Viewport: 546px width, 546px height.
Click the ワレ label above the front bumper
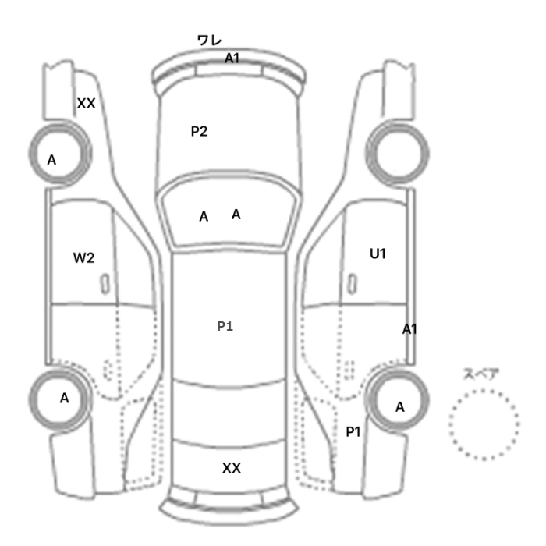[x=209, y=41]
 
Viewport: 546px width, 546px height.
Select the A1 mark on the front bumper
[x=232, y=58]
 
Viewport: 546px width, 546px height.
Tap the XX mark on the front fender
[x=86, y=104]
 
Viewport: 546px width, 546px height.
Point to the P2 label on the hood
[x=199, y=131]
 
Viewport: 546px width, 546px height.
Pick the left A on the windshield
[x=204, y=217]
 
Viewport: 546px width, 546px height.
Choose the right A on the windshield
[x=236, y=214]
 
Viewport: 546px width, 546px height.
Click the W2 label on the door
[x=84, y=258]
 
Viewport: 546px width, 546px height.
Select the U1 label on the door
[x=378, y=253]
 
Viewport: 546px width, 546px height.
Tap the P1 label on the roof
[x=225, y=326]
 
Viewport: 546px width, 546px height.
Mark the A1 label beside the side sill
[x=409, y=329]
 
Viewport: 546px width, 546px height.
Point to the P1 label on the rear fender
[x=353, y=432]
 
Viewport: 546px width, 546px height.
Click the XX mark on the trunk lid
[x=232, y=468]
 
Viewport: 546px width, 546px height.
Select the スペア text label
[x=481, y=374]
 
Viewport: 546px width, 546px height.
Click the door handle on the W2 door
[x=105, y=284]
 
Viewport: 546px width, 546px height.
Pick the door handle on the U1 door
[x=353, y=284]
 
